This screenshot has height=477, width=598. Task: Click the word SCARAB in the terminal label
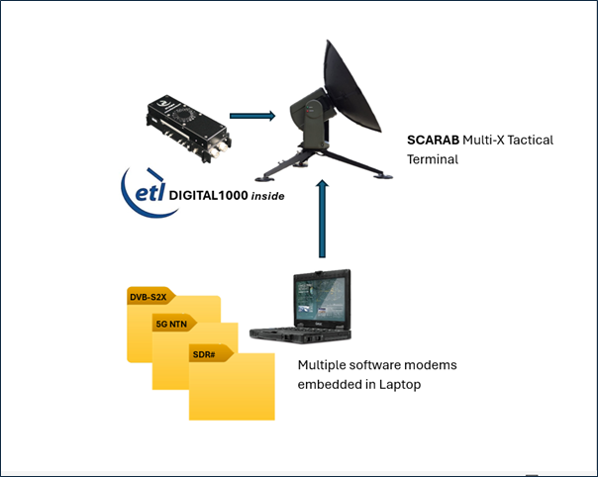pos(433,141)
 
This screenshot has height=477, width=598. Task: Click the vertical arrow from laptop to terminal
pos(322,221)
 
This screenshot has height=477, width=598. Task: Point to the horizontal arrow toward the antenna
pos(251,116)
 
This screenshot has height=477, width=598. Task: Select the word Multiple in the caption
pos(323,365)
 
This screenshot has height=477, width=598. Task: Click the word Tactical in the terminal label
pos(530,141)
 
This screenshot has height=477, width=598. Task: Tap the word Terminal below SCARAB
pos(432,158)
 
